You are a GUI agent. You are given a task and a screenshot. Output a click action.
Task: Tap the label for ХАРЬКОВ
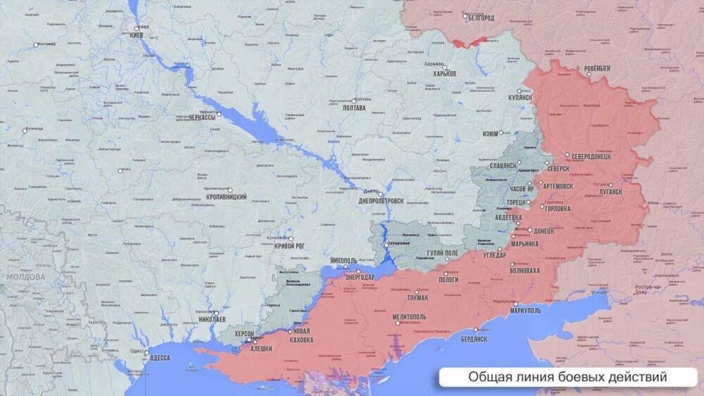click(445, 73)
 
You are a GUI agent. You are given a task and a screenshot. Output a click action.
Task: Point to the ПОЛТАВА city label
click(353, 108)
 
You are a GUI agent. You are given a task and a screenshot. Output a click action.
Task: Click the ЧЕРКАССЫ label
click(202, 119)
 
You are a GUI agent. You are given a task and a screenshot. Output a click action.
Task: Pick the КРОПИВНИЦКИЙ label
click(226, 197)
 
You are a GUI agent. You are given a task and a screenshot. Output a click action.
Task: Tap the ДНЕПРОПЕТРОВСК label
click(381, 200)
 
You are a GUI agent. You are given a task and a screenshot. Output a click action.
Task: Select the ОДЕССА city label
click(159, 358)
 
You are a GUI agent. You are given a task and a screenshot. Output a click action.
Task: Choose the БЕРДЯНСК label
click(472, 339)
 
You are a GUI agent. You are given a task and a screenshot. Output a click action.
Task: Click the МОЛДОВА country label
click(25, 277)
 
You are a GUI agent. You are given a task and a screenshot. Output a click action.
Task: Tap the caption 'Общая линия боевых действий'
click(567, 378)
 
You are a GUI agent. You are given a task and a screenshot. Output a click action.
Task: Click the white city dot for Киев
click(137, 29)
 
